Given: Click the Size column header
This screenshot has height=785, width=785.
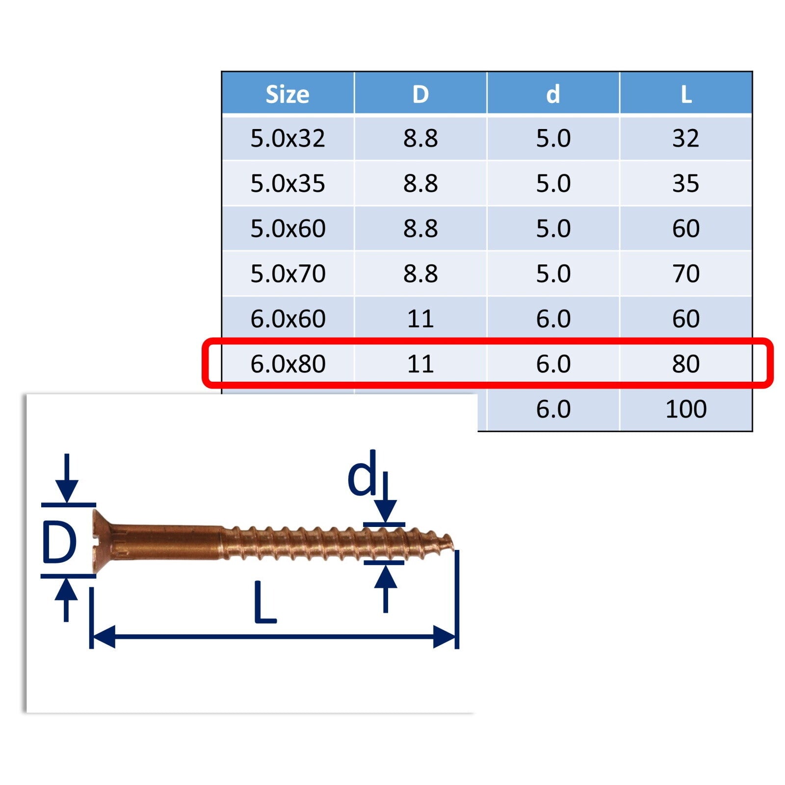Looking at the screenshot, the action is click(288, 94).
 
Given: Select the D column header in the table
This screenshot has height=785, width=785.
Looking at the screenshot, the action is click(420, 94).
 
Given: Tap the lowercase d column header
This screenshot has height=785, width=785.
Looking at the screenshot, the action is click(553, 93).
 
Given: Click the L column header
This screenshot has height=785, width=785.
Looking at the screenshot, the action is click(686, 94).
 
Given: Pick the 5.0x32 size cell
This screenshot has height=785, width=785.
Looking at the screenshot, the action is click(288, 138).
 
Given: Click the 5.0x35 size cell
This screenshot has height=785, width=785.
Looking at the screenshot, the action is click(288, 183).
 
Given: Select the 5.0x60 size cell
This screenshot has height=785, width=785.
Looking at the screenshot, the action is click(288, 229).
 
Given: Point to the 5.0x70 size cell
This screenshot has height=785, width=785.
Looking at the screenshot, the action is click(288, 274).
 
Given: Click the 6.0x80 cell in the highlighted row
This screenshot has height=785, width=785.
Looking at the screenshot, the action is click(288, 364).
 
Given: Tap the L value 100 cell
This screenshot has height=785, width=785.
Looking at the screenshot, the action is click(686, 409).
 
